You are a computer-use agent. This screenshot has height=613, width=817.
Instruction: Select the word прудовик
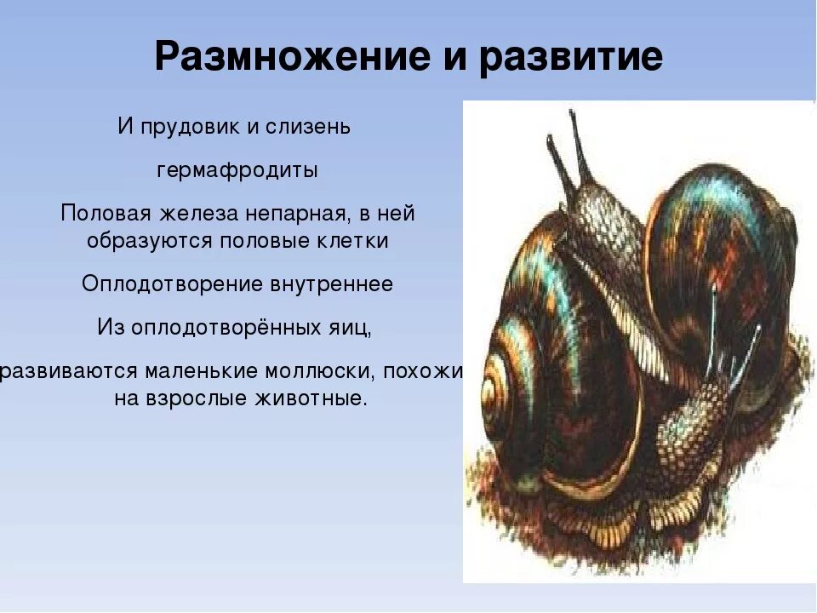pos(187,128)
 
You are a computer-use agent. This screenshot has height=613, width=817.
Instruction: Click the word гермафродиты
pos(237,170)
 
